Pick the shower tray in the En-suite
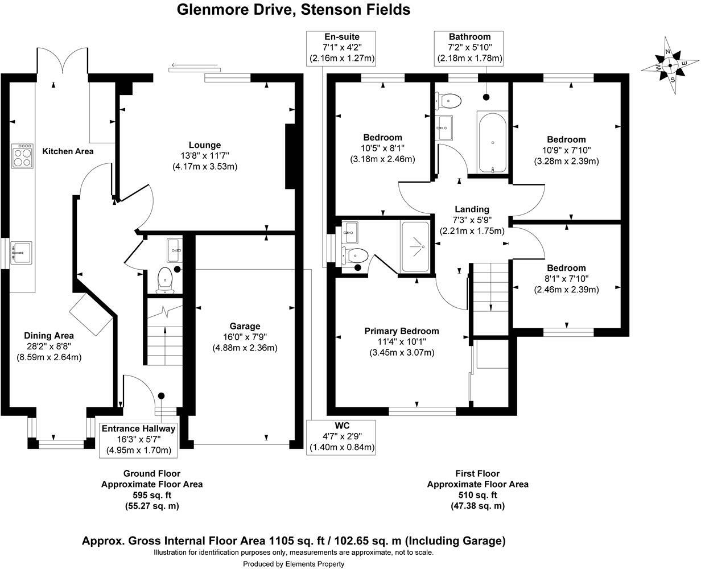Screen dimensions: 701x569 pos(415,246)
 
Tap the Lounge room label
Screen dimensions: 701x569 pos(205,145)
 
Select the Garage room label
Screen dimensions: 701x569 pos(245,326)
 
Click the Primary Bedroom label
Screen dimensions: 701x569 pos(402,331)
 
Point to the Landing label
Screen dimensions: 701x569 pos(472,209)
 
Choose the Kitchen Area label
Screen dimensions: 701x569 pos(68,151)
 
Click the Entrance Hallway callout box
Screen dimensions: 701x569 pos(139,439)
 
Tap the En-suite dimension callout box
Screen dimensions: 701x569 pos(342,48)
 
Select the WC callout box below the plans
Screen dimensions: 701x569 pos(342,436)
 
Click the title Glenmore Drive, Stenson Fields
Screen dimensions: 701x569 pos(294,10)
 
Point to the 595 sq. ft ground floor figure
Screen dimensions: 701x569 pos(152,495)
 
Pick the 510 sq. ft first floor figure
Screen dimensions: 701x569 pos(477,495)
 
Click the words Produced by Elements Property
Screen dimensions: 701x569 pos(294,564)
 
